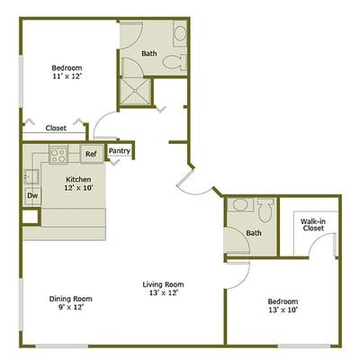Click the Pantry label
click(120, 151)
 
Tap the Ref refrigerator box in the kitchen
click(92, 154)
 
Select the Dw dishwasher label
click(31, 194)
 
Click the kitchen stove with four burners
click(59, 154)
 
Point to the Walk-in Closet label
click(312, 223)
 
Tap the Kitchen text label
click(79, 179)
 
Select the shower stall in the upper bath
click(135, 91)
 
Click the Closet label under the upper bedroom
click(56, 128)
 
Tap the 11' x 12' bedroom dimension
click(67, 78)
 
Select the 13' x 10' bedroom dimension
click(283, 310)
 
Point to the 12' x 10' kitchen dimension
click(79, 188)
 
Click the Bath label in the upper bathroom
click(149, 54)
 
